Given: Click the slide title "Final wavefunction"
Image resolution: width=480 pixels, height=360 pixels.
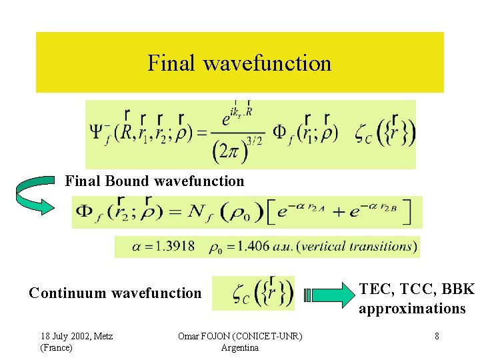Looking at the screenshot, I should click(x=239, y=63).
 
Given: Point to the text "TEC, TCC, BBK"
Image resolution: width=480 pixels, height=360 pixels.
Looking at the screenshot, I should click(x=417, y=289).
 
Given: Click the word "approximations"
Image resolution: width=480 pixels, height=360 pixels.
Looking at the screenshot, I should click(x=412, y=309).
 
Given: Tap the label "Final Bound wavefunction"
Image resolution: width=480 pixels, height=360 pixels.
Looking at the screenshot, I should click(x=155, y=181).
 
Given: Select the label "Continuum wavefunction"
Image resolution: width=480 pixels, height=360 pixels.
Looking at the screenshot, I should click(x=115, y=293).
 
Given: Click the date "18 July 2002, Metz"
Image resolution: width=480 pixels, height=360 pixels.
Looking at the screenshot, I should click(x=77, y=336).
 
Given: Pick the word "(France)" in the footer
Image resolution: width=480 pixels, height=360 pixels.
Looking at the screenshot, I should click(x=57, y=347).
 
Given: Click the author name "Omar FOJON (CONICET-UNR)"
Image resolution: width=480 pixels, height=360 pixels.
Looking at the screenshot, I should click(x=240, y=336).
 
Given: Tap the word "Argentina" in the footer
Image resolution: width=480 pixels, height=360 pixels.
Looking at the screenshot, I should click(x=239, y=347).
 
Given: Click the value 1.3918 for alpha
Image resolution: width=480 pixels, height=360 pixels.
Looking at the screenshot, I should click(x=175, y=247).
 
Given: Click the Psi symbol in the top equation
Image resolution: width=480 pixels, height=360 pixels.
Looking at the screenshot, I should click(x=97, y=133).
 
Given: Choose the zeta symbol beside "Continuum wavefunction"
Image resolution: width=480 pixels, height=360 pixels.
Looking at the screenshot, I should click(x=239, y=293).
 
